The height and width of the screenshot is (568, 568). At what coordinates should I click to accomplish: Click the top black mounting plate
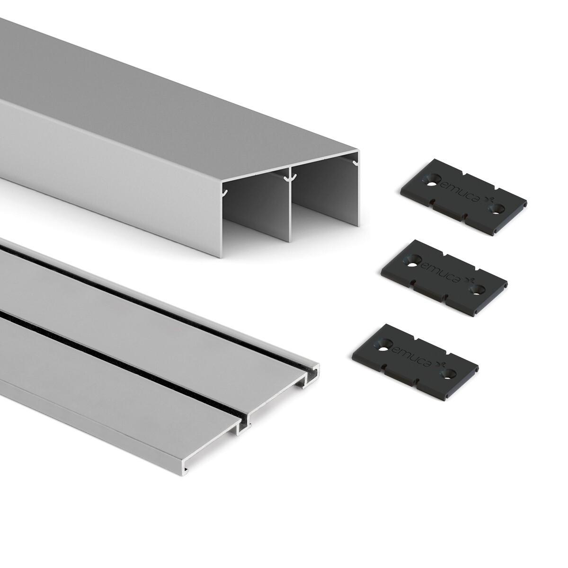click(463, 197)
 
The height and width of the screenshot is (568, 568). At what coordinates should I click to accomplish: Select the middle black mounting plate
click(444, 278)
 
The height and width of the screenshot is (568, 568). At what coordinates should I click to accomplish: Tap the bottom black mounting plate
click(415, 362)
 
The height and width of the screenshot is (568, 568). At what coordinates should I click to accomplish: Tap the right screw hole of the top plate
click(497, 208)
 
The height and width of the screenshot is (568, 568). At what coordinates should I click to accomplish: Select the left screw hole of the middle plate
click(413, 260)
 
